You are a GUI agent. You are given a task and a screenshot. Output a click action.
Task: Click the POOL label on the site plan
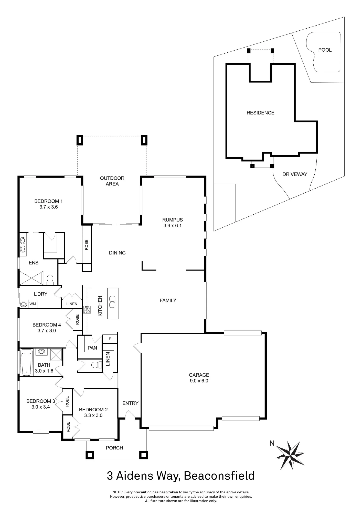[x=325, y=50]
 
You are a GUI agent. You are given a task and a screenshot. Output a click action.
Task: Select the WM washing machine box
[x=33, y=304]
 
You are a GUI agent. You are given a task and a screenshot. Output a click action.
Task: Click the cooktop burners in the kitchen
[x=87, y=310]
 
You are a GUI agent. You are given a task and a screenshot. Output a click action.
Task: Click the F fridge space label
[x=110, y=339]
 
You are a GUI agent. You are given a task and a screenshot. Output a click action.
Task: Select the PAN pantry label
[x=92, y=348]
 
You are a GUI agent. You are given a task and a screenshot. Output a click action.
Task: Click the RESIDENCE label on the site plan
[x=260, y=113]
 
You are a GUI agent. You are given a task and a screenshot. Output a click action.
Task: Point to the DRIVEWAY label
[x=295, y=174]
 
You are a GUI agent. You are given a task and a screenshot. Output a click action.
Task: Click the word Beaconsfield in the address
[x=219, y=476]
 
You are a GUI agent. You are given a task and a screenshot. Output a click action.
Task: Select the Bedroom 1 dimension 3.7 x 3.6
[x=49, y=207]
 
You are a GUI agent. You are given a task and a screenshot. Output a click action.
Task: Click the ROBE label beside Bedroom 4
[x=77, y=320]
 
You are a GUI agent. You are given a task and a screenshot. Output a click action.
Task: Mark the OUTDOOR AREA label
[x=112, y=181]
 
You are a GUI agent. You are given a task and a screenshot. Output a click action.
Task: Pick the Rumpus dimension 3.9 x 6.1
[x=173, y=226]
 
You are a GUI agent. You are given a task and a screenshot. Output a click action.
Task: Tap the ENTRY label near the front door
[x=130, y=403]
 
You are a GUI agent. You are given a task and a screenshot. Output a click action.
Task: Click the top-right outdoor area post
[x=144, y=140]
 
